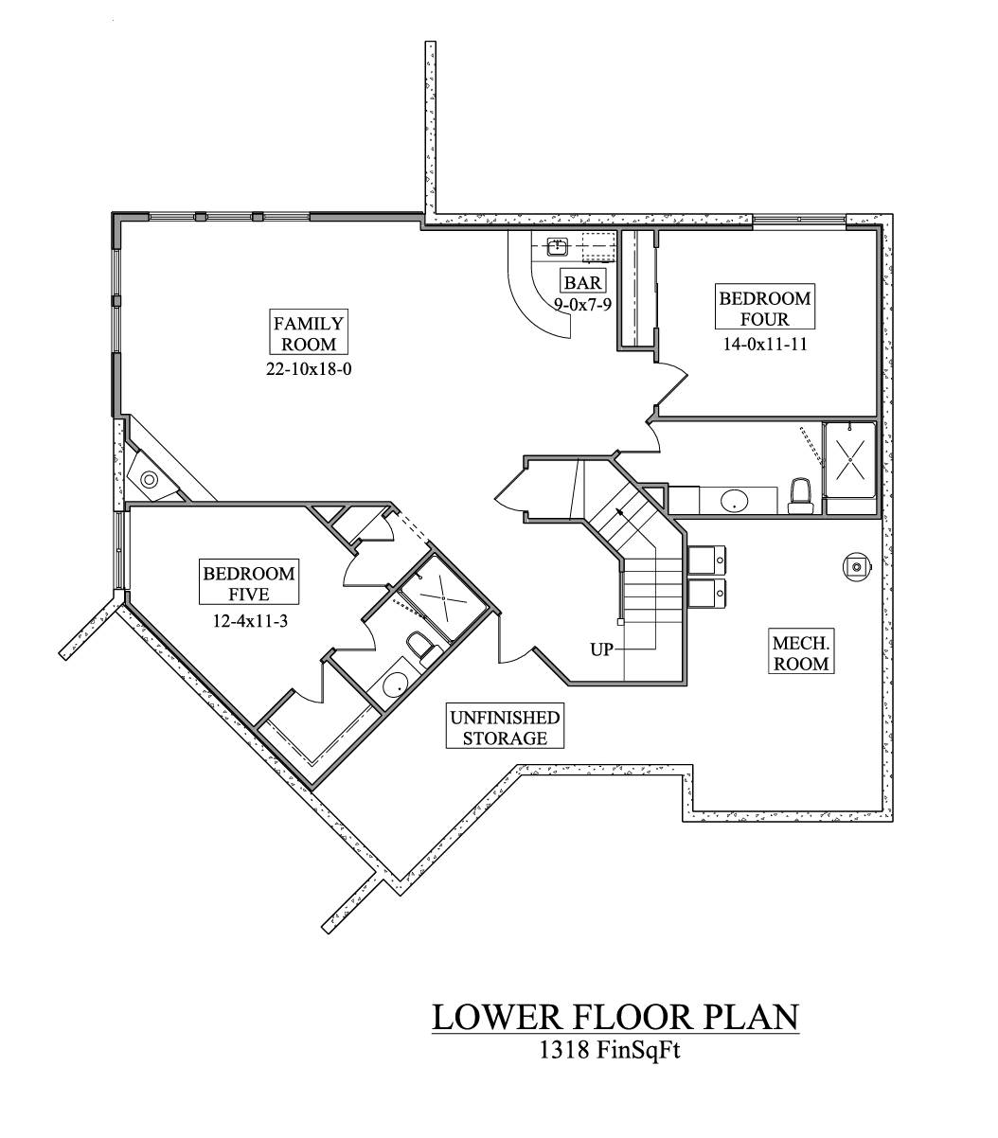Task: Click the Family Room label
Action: pos(309,333)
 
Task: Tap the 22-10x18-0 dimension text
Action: pos(309,369)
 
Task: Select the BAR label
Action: pos(582,281)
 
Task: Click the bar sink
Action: pos(558,248)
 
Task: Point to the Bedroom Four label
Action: pos(764,309)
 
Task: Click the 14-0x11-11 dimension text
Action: pos(764,345)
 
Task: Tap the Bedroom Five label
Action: pos(248,583)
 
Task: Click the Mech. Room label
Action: pos(801,652)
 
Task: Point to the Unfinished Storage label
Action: pos(505,727)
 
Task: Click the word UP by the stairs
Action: pos(601,649)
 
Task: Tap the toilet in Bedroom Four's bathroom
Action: pos(801,495)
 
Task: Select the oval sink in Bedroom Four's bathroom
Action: pos(734,501)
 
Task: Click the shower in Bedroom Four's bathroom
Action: pos(851,459)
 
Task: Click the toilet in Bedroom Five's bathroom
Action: pos(420,648)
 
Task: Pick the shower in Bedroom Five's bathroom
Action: pos(440,597)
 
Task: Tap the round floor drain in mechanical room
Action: pos(856,566)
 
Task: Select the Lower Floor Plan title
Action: pos(615,1017)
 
